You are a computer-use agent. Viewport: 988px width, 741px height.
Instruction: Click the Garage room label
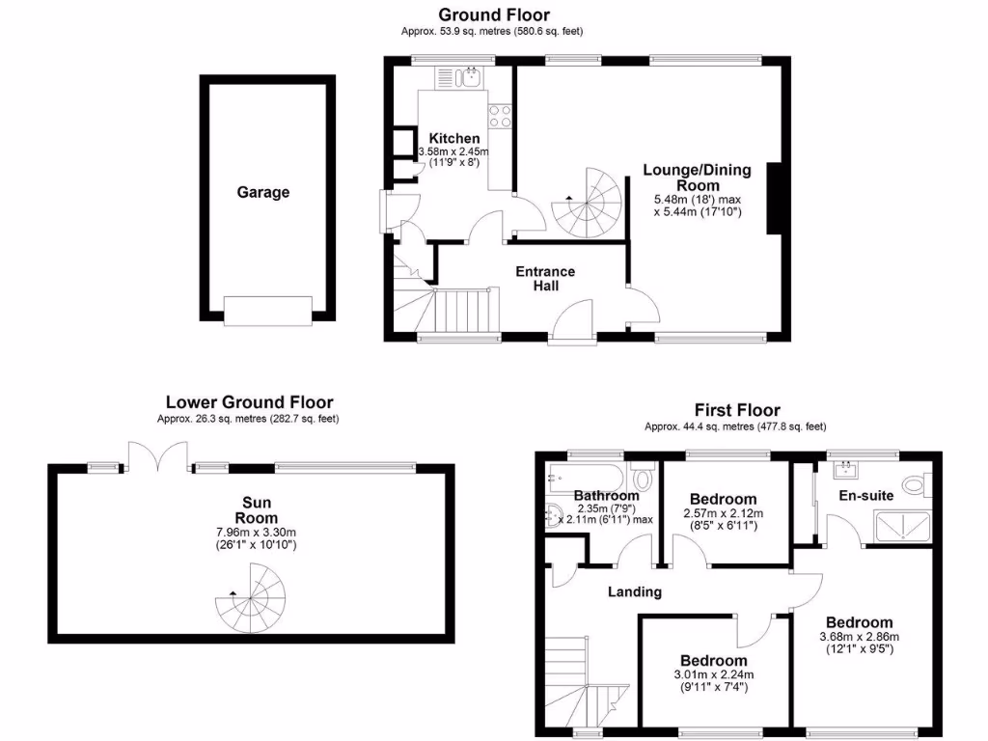(x=263, y=192)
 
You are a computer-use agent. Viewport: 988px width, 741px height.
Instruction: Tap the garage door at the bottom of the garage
(x=267, y=309)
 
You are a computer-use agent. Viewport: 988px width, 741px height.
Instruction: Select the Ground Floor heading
(x=494, y=14)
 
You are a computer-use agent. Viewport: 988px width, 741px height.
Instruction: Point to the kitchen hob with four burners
(x=501, y=116)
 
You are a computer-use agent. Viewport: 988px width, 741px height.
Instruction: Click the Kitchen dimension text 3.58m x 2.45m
(x=459, y=152)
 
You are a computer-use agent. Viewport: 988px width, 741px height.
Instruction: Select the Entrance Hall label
(x=545, y=278)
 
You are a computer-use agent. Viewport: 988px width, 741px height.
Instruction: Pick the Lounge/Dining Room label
(x=697, y=178)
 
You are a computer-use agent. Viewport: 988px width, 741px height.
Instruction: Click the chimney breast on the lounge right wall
(x=774, y=199)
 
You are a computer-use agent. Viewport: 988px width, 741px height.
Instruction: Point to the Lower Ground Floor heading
(x=250, y=402)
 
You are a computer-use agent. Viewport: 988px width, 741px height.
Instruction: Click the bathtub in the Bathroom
(x=585, y=475)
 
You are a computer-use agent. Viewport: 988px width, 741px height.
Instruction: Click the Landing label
(x=635, y=591)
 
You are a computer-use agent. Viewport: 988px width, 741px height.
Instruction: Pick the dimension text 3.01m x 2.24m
(x=713, y=674)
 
